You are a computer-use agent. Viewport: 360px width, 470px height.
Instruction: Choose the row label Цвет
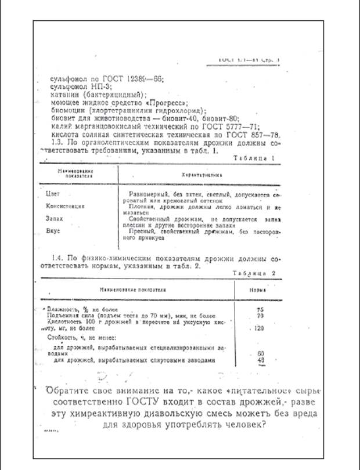[x=52, y=194]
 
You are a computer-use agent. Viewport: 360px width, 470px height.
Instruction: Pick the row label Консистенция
[x=66, y=205]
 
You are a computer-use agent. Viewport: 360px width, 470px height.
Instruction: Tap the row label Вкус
[x=53, y=231]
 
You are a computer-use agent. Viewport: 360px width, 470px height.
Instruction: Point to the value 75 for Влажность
[x=260, y=310]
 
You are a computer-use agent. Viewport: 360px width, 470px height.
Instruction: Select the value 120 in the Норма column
[x=260, y=329]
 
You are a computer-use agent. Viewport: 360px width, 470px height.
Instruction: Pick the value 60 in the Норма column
[x=260, y=353]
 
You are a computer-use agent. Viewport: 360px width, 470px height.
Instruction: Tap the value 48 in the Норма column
[x=260, y=360]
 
